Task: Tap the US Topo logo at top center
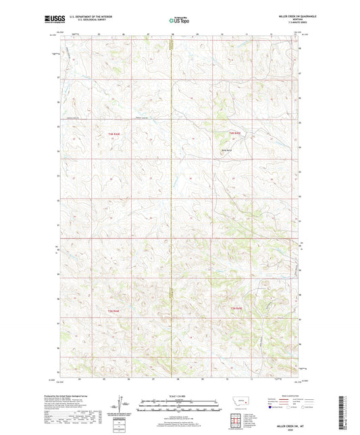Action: pyautogui.click(x=179, y=21)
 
